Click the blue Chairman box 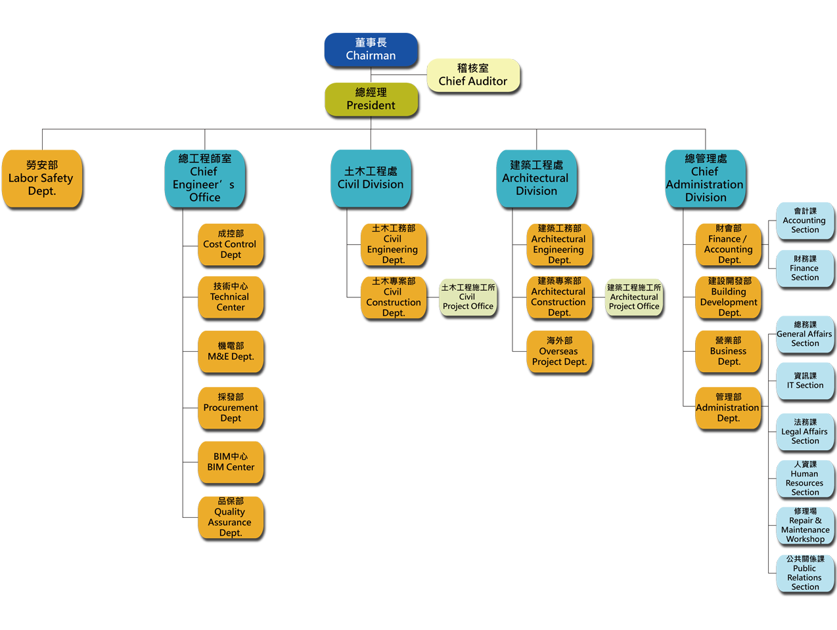pyautogui.click(x=371, y=49)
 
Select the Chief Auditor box pyautogui.click(x=473, y=75)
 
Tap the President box pyautogui.click(x=371, y=99)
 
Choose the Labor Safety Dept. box pyautogui.click(x=41, y=178)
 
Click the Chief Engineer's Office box pyautogui.click(x=205, y=178)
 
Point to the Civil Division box pyautogui.click(x=371, y=178)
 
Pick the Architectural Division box pyautogui.click(x=537, y=178)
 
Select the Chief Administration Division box pyautogui.click(x=706, y=178)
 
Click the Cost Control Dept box pyautogui.click(x=231, y=244)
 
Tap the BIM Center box pyautogui.click(x=231, y=462)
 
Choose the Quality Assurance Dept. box pyautogui.click(x=231, y=517)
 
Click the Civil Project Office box pyautogui.click(x=468, y=297)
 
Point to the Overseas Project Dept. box pyautogui.click(x=559, y=351)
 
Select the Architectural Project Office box pyautogui.click(x=634, y=297)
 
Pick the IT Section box pyautogui.click(x=805, y=381)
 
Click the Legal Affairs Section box pyautogui.click(x=805, y=432)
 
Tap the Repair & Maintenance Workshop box pyautogui.click(x=805, y=525)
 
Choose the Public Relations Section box pyautogui.click(x=805, y=573)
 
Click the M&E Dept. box pyautogui.click(x=231, y=351)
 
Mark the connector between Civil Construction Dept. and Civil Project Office pyautogui.click(x=433, y=297)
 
